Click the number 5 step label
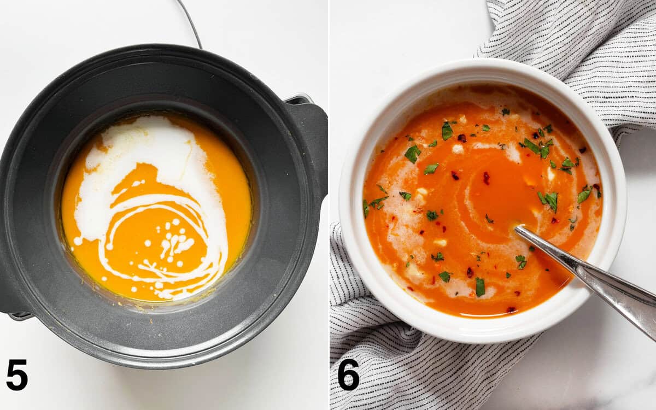tap(17, 374)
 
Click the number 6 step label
tap(348, 374)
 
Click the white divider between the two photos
tap(329, 205)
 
